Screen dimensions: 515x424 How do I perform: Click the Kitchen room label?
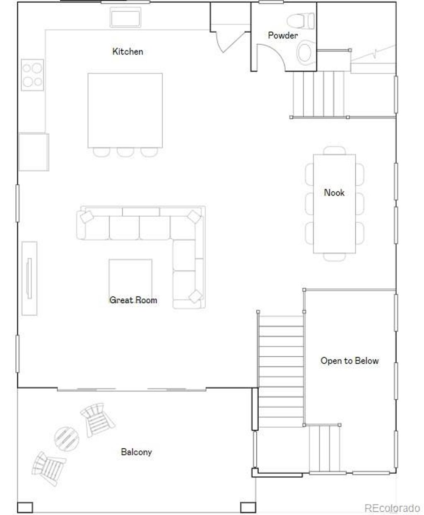coord(128,51)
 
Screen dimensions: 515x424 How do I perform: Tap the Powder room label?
coord(282,35)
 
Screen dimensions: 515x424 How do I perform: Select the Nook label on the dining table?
coord(334,192)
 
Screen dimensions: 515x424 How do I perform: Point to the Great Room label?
coord(133,300)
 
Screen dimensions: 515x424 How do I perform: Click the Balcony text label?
coord(136,452)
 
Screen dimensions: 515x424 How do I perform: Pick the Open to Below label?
coord(349,360)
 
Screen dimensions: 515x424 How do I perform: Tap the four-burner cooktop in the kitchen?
coord(33,75)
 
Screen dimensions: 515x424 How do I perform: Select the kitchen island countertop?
coord(125,110)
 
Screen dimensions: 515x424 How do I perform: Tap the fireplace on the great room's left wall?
coord(29,278)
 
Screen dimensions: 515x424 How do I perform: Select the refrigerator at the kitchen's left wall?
coord(34,152)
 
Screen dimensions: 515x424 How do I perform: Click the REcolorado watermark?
coord(392,508)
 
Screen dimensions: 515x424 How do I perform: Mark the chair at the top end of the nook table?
coord(334,150)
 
